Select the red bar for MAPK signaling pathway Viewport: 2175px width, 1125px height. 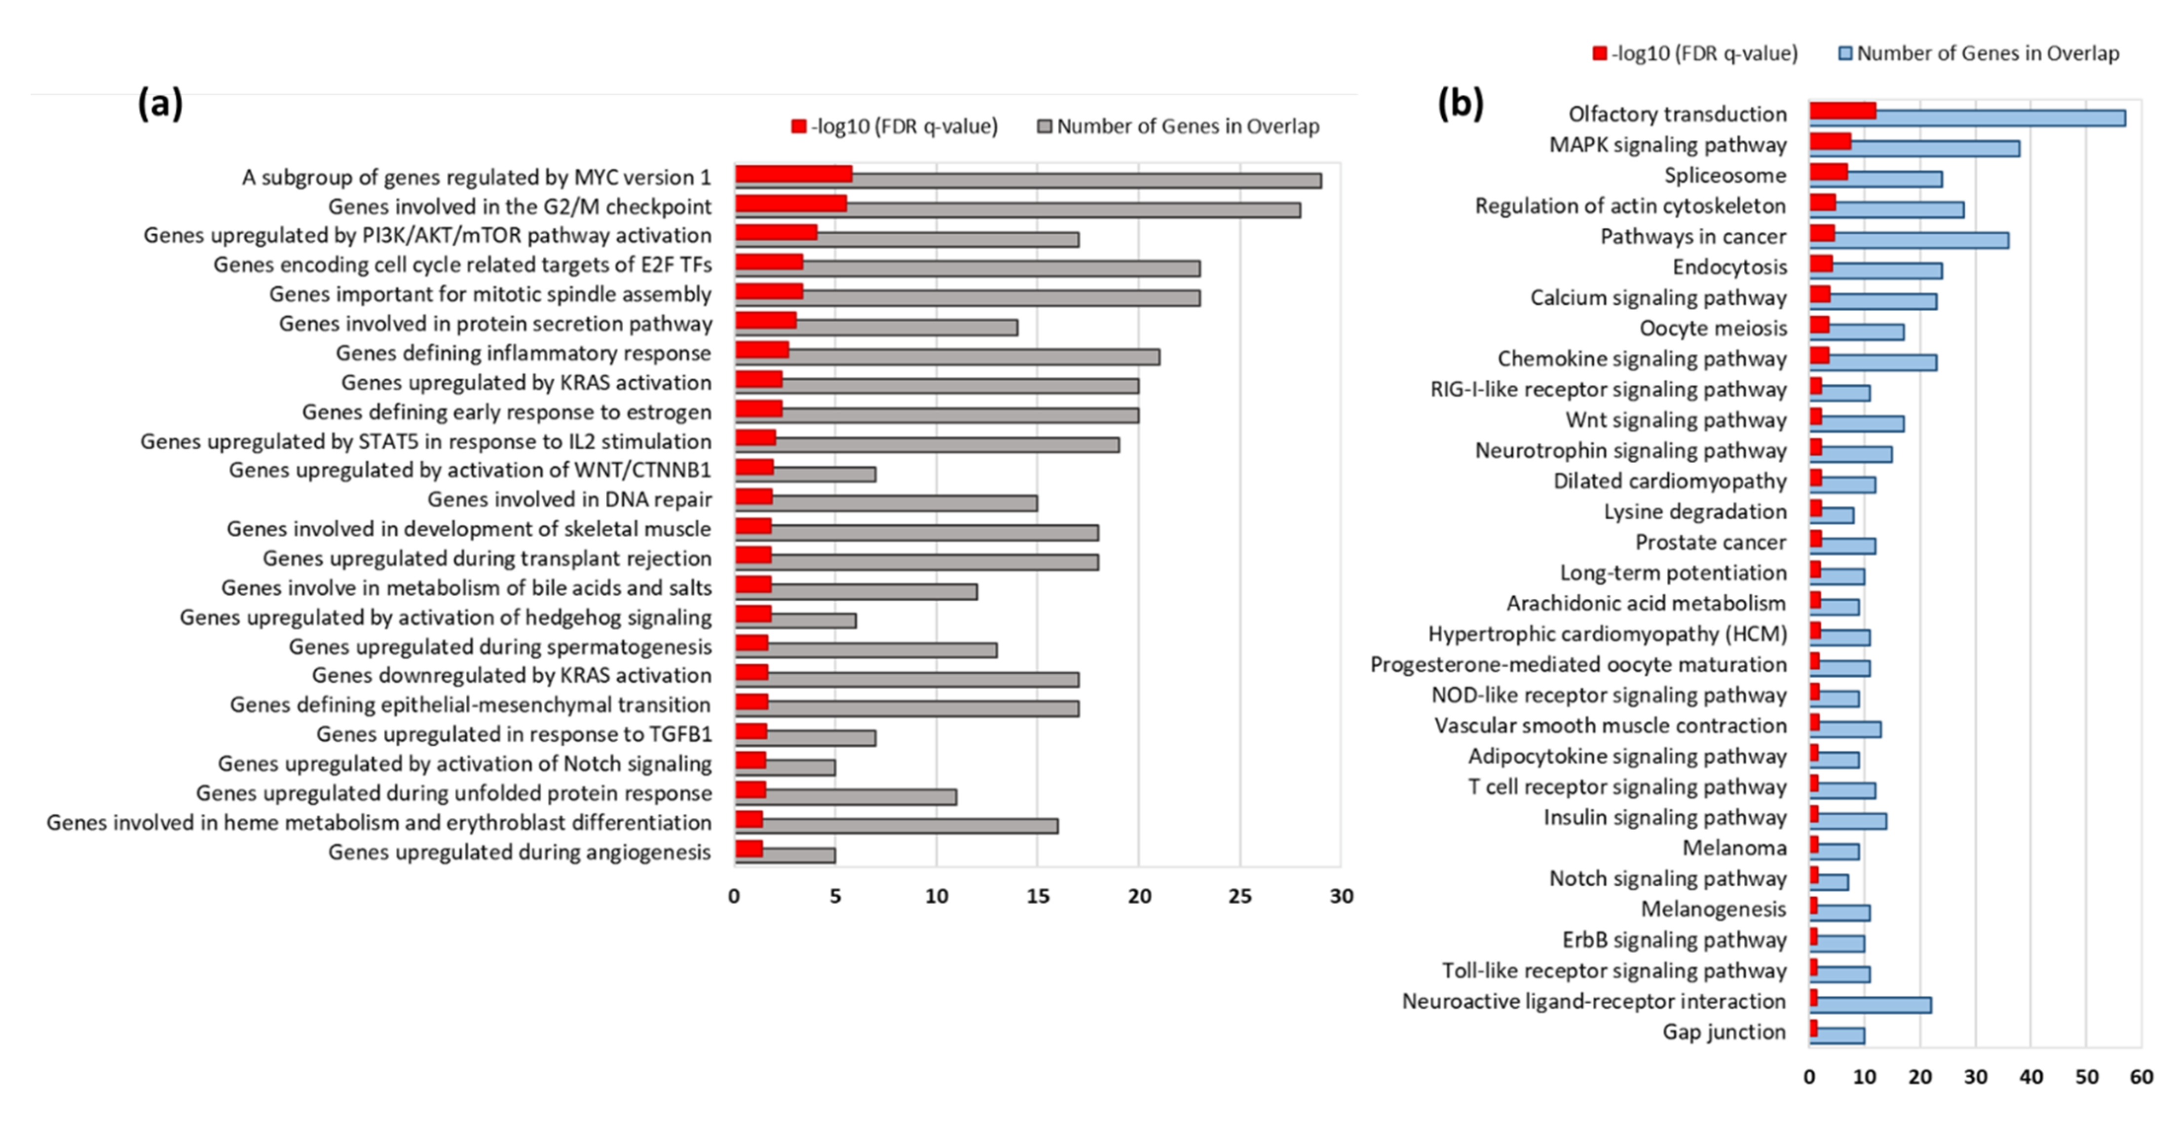pyautogui.click(x=1830, y=141)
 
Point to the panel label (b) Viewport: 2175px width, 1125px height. pyautogui.click(x=1460, y=104)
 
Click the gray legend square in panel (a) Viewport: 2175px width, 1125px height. pyautogui.click(x=1045, y=127)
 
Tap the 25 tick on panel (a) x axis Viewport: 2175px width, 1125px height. pyautogui.click(x=1239, y=896)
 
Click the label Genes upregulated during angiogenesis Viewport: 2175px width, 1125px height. pyautogui.click(x=519, y=852)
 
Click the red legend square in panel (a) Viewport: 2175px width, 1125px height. pyautogui.click(x=798, y=127)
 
